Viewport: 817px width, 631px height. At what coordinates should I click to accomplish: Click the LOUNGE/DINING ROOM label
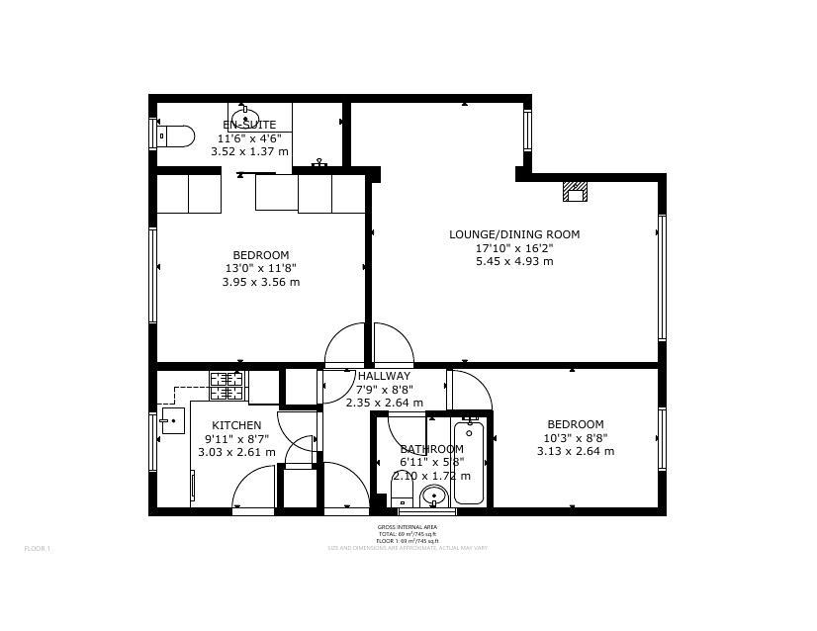point(514,234)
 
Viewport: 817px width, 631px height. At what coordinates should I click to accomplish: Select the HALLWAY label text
point(384,376)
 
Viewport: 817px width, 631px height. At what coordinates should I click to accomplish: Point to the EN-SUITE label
point(249,125)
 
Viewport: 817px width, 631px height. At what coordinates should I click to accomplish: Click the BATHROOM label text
point(431,449)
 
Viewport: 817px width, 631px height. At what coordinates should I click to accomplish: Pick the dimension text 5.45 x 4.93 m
point(514,261)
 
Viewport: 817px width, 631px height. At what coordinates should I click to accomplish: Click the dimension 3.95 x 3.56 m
point(260,282)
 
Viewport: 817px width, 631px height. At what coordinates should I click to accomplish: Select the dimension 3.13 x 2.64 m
point(575,451)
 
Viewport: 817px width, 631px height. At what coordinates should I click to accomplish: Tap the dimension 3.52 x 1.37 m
point(249,151)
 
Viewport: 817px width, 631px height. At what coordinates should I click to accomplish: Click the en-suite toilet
point(175,135)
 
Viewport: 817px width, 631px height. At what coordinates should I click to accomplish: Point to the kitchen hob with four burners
point(227,386)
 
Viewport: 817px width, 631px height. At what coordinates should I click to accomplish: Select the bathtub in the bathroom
point(469,462)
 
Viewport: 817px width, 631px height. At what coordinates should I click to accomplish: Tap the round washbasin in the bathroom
point(433,496)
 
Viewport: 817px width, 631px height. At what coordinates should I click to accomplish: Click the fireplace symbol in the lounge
point(574,191)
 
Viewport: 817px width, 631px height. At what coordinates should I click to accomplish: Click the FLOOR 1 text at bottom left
point(37,548)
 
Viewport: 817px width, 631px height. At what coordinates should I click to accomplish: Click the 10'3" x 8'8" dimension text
point(575,437)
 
